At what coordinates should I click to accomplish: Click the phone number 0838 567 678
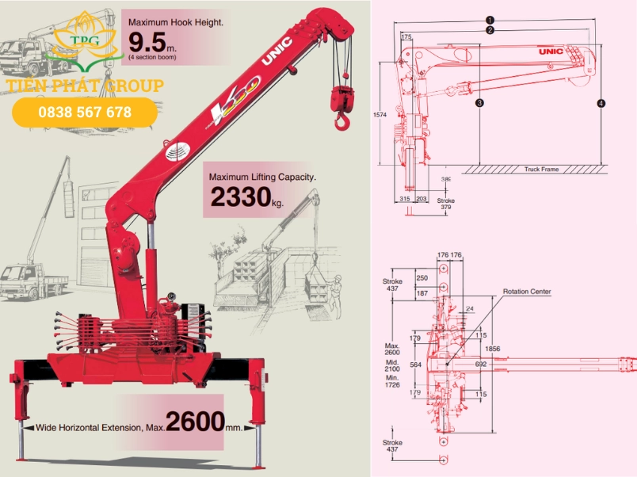(x=85, y=113)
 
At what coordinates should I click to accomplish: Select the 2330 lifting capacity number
(x=236, y=197)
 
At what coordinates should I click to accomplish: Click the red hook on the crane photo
(x=341, y=120)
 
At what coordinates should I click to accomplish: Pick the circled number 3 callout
(x=479, y=103)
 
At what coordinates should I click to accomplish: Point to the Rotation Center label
(x=527, y=292)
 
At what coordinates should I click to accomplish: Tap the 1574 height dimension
(x=380, y=115)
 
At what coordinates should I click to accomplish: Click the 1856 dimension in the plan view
(x=493, y=349)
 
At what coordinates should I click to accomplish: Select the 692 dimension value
(x=481, y=364)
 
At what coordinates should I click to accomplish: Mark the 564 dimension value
(x=417, y=364)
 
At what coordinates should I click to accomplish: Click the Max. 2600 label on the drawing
(x=391, y=349)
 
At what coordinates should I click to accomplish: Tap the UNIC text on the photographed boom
(x=281, y=47)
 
